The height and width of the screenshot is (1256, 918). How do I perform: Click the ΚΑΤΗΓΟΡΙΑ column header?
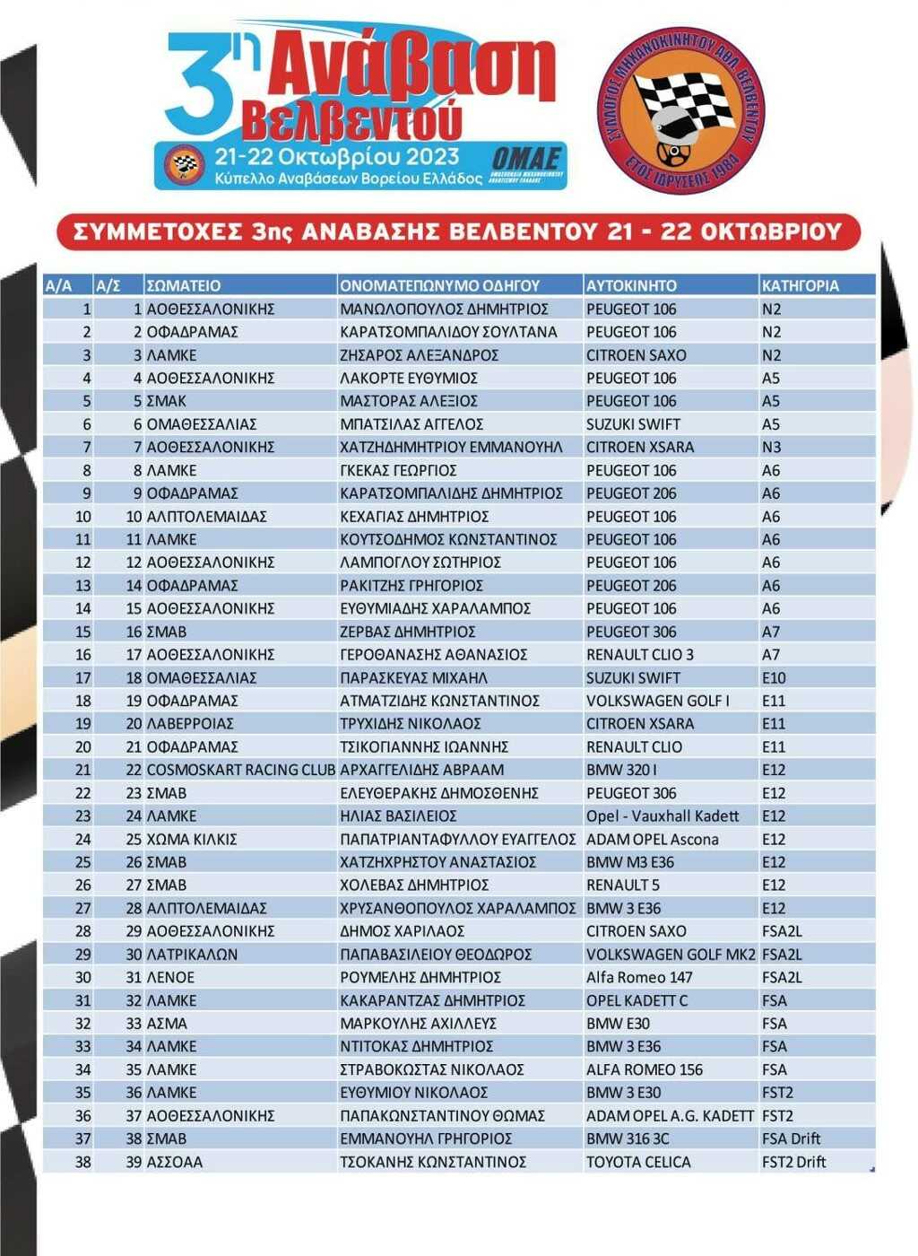(x=800, y=286)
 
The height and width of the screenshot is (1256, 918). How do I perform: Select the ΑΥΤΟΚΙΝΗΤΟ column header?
(x=631, y=286)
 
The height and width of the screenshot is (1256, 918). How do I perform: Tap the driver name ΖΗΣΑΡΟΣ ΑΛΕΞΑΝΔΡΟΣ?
(x=419, y=355)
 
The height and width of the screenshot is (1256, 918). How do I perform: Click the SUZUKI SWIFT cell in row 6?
(x=633, y=424)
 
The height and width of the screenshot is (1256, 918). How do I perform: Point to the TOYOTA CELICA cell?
(x=638, y=1163)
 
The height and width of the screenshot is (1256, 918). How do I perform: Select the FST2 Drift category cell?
(x=793, y=1163)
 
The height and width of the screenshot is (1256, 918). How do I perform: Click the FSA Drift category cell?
(x=791, y=1139)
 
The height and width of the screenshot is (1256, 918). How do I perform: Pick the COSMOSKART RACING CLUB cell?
(x=240, y=770)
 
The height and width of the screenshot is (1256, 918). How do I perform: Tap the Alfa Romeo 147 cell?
(x=639, y=978)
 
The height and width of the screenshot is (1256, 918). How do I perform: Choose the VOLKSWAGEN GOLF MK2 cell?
(x=671, y=955)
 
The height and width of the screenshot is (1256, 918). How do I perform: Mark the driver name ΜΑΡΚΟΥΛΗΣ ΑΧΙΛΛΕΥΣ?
(x=418, y=1024)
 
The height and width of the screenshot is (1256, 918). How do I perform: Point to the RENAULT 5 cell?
(x=623, y=885)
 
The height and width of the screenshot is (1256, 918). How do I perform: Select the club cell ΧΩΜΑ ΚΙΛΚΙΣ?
(x=191, y=840)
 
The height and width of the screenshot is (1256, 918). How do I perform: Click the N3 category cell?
(x=771, y=448)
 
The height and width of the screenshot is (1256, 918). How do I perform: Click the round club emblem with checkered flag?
(x=680, y=109)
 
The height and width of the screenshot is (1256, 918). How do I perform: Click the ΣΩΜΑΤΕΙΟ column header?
(x=183, y=286)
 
